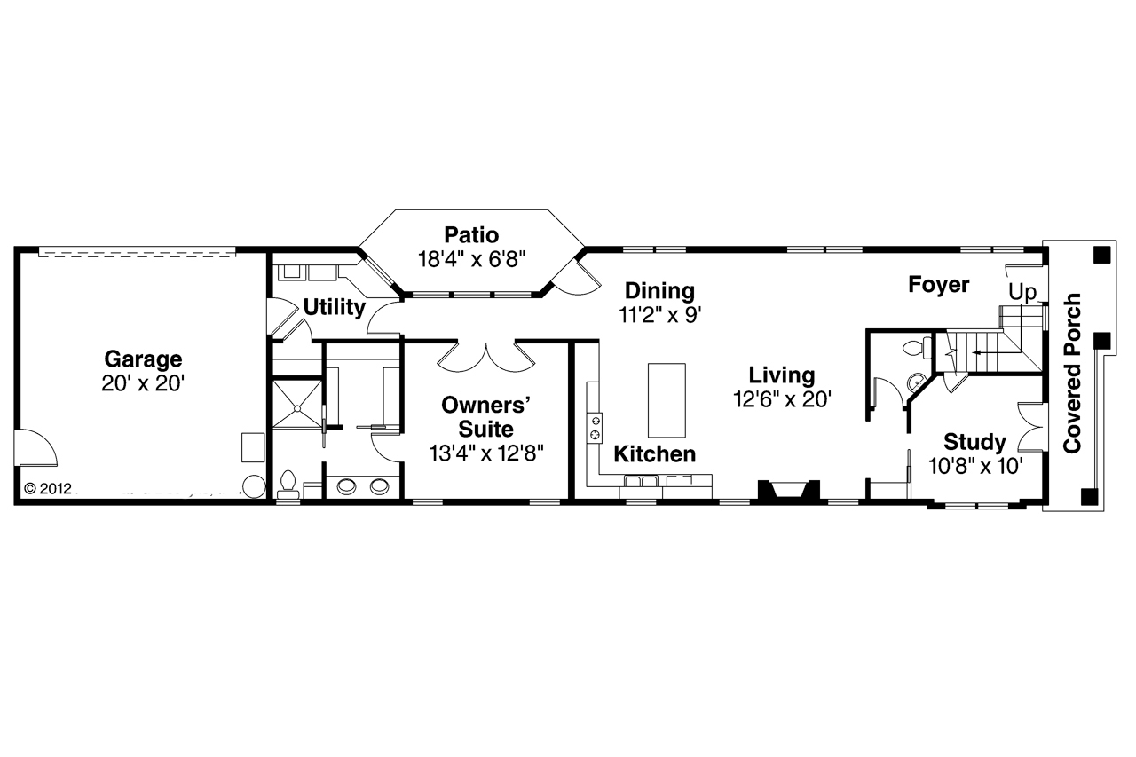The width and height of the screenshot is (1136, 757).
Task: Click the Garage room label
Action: point(143,359)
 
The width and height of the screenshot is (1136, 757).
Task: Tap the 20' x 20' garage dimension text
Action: point(143,383)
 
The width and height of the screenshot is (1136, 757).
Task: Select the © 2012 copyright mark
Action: point(47,488)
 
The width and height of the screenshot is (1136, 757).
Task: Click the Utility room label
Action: point(334,308)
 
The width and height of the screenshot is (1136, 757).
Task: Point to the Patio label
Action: point(471,235)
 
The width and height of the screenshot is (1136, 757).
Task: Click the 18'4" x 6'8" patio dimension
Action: point(471,259)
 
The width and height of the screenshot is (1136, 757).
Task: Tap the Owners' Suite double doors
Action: point(487,357)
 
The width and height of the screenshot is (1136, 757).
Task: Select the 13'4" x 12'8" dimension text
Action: point(487,453)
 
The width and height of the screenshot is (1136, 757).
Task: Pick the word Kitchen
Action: point(655,455)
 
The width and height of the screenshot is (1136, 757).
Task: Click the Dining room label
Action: point(659,290)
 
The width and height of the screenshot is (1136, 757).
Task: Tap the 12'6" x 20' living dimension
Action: point(781,399)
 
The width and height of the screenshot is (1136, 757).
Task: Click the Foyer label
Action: point(938,285)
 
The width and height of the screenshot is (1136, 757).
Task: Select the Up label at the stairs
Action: point(1022,293)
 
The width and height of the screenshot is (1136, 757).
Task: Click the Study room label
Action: point(974,441)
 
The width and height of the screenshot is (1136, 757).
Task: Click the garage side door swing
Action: point(35,447)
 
